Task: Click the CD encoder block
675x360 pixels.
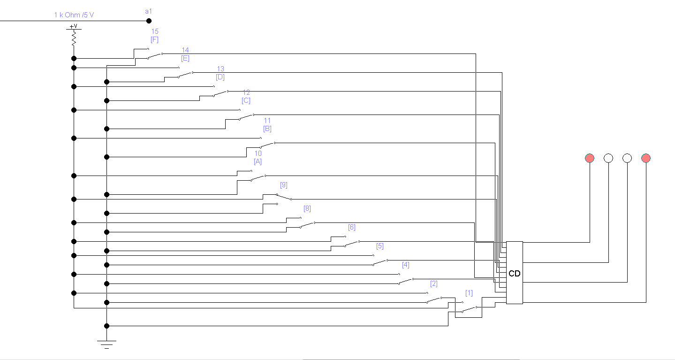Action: point(514,273)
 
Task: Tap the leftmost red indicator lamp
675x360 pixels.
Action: point(590,158)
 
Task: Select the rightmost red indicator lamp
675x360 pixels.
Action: point(646,158)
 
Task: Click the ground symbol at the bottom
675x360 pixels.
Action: point(106,344)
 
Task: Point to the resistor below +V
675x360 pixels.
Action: point(74,38)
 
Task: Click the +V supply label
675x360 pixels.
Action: point(73,26)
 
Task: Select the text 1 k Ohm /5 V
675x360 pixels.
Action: point(74,15)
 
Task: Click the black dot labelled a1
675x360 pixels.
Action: point(149,21)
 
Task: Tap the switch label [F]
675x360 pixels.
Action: point(154,40)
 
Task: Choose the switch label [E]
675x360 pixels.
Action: point(185,59)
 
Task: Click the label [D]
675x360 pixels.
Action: point(220,77)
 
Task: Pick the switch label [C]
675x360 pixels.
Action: point(246,100)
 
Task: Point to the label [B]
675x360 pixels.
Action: point(267,129)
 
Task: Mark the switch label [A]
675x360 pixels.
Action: point(258,161)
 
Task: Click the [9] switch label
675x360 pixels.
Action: point(283,185)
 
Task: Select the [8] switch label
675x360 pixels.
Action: point(307,208)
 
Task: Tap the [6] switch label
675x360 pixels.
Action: point(352,227)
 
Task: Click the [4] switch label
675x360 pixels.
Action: point(406,265)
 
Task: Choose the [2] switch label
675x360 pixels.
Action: point(434,283)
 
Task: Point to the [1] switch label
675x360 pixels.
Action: point(469,293)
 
